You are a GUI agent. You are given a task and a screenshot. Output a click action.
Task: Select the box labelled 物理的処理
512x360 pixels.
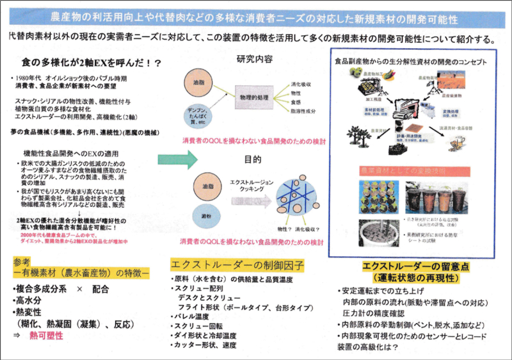pyautogui.click(x=253, y=99)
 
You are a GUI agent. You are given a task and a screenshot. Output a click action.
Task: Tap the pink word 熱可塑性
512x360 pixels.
pyautogui.click(x=42, y=336)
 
